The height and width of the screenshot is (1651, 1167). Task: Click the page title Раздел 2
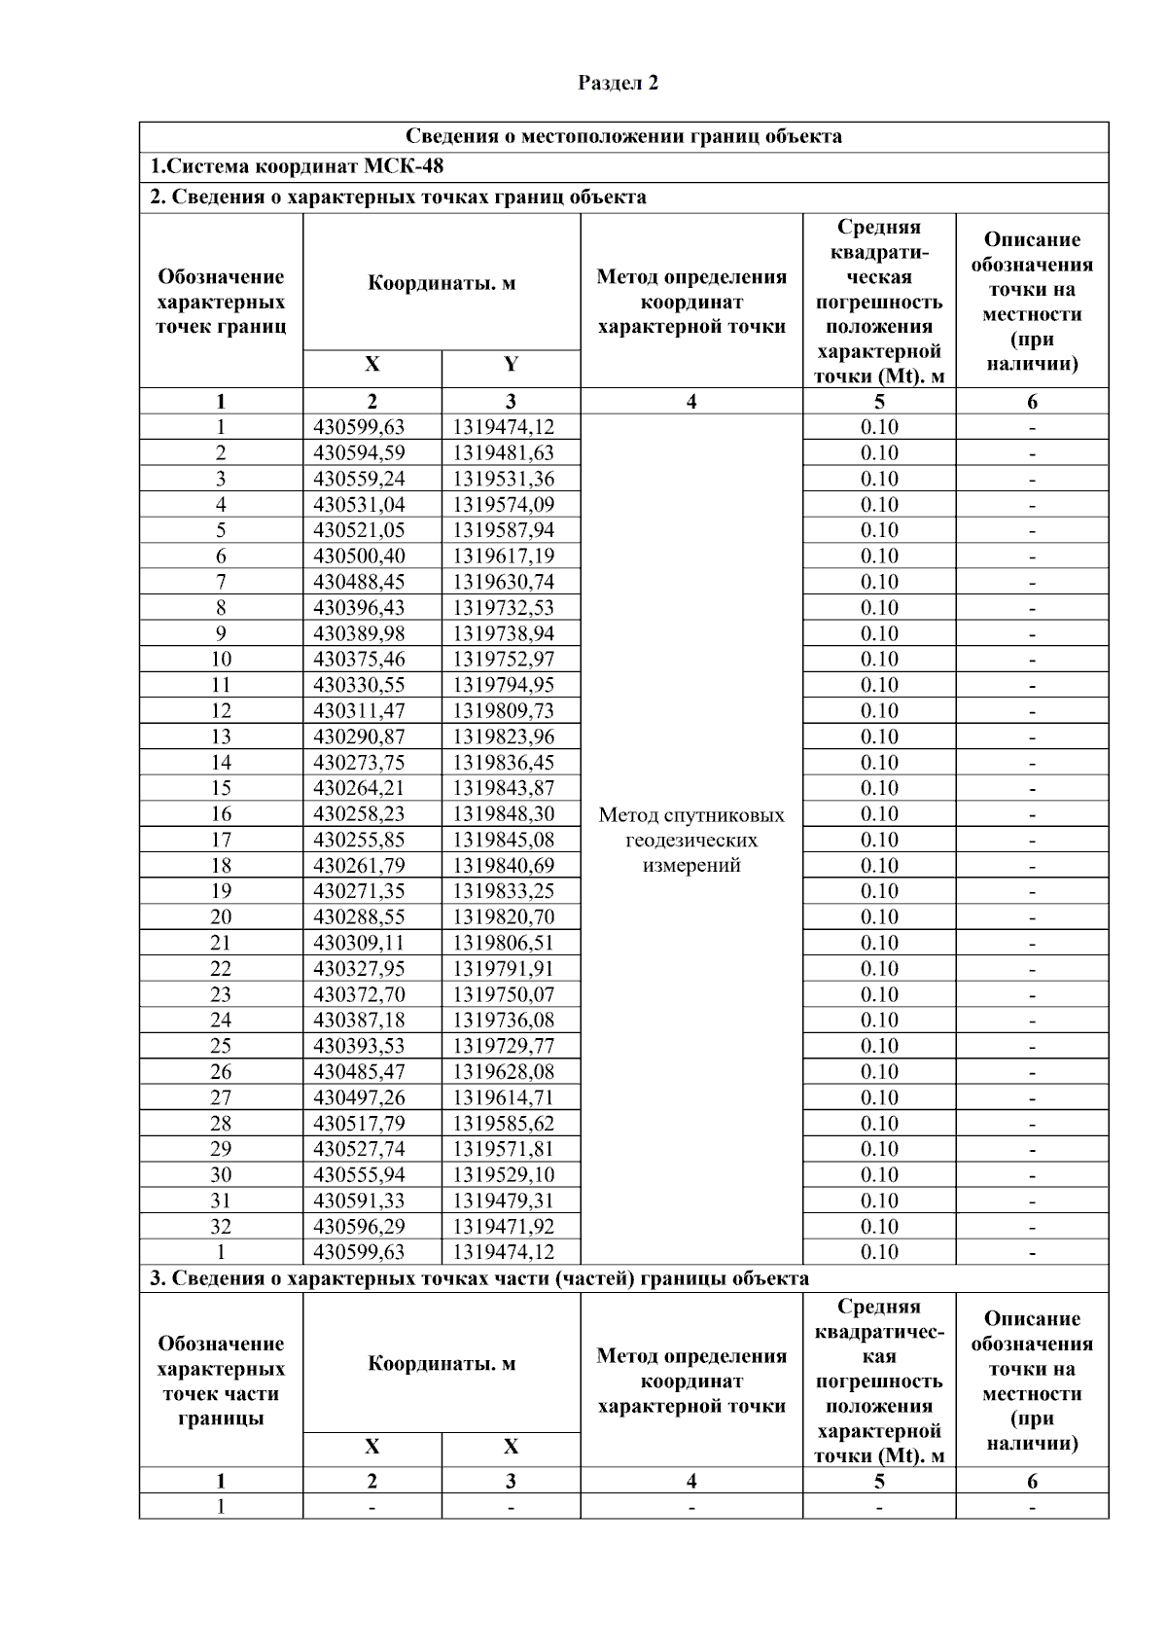(x=619, y=84)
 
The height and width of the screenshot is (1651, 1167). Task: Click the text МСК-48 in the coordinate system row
(x=407, y=166)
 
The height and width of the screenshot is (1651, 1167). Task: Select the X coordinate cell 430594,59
(x=359, y=452)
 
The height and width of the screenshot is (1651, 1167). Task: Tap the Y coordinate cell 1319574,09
(x=503, y=504)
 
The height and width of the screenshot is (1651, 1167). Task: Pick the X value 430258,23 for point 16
(x=359, y=813)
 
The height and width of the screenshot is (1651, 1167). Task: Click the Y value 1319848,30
(x=503, y=813)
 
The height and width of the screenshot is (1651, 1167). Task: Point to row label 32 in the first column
(x=221, y=1226)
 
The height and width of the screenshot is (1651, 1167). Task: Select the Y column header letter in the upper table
(x=511, y=365)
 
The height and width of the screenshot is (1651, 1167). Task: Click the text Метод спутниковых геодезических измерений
(x=691, y=840)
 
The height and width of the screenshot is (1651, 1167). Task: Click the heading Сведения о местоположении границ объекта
(x=623, y=136)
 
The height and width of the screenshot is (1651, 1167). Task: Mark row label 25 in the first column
(x=221, y=1046)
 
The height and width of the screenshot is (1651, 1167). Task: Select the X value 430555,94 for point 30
(x=359, y=1174)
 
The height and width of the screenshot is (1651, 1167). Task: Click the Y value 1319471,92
(x=503, y=1226)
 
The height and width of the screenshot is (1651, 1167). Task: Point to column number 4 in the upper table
(x=691, y=401)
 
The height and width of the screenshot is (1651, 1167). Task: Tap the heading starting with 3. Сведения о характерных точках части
(x=478, y=1278)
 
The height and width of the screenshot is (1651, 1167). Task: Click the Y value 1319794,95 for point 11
(x=503, y=685)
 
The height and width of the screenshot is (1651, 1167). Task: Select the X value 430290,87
(x=359, y=736)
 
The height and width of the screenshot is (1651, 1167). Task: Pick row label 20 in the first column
(x=221, y=916)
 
